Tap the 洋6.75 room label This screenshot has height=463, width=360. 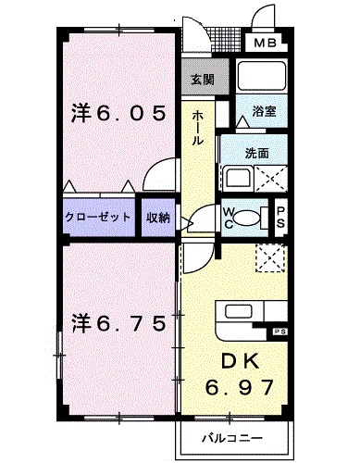(x=119, y=324)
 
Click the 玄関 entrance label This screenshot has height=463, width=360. (x=203, y=80)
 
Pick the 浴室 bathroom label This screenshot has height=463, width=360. (x=265, y=111)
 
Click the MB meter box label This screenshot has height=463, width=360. (x=265, y=42)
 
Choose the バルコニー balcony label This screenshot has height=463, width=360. (x=231, y=437)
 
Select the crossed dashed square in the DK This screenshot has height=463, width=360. (x=269, y=257)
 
